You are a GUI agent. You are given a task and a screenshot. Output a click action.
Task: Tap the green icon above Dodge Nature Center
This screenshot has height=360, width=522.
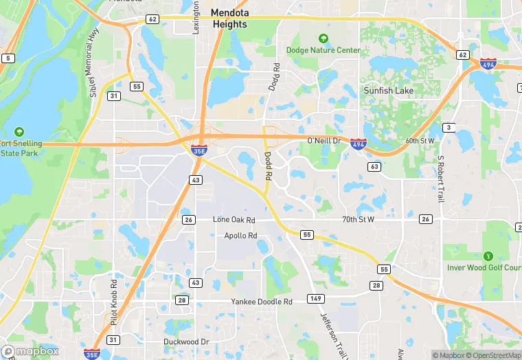(324, 38)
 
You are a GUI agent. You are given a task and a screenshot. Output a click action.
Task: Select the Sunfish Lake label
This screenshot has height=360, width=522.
(389, 90)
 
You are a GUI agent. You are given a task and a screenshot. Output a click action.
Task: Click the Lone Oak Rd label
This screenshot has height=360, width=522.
(234, 220)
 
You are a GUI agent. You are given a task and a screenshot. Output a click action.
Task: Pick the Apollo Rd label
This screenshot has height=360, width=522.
(240, 236)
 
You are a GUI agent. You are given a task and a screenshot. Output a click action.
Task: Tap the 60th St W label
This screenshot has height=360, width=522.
(420, 140)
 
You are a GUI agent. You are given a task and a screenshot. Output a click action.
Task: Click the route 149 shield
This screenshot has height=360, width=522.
(316, 297)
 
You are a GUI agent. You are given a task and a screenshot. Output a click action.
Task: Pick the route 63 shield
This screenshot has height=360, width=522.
(374, 167)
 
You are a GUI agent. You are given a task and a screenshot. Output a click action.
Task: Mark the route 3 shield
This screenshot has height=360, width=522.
(449, 128)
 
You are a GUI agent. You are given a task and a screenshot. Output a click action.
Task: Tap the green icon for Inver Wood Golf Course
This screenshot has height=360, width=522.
(488, 256)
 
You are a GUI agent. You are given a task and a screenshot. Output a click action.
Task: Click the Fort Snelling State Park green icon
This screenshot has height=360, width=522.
(19, 131)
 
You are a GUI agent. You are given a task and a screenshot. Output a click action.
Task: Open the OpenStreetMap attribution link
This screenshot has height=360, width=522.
(492, 355)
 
